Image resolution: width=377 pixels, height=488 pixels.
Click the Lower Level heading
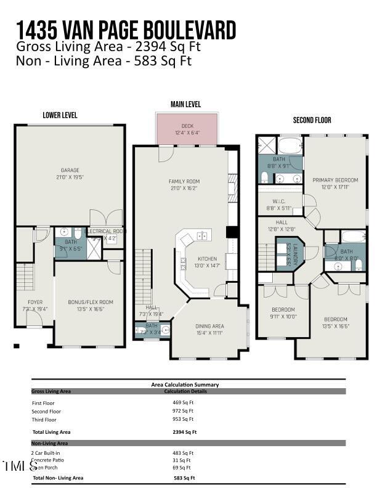pyautogui.click(x=60, y=115)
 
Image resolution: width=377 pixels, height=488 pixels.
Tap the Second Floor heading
pyautogui.click(x=312, y=121)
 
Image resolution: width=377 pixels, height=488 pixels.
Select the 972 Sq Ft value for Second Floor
pyautogui.click(x=183, y=411)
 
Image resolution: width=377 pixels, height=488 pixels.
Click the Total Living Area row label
pyautogui.click(x=51, y=432)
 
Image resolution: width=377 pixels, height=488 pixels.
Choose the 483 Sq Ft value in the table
pyautogui.click(x=183, y=453)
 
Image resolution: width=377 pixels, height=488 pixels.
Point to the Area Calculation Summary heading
pyautogui.click(x=185, y=384)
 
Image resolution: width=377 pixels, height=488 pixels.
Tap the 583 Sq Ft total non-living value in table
pyautogui.click(x=184, y=478)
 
